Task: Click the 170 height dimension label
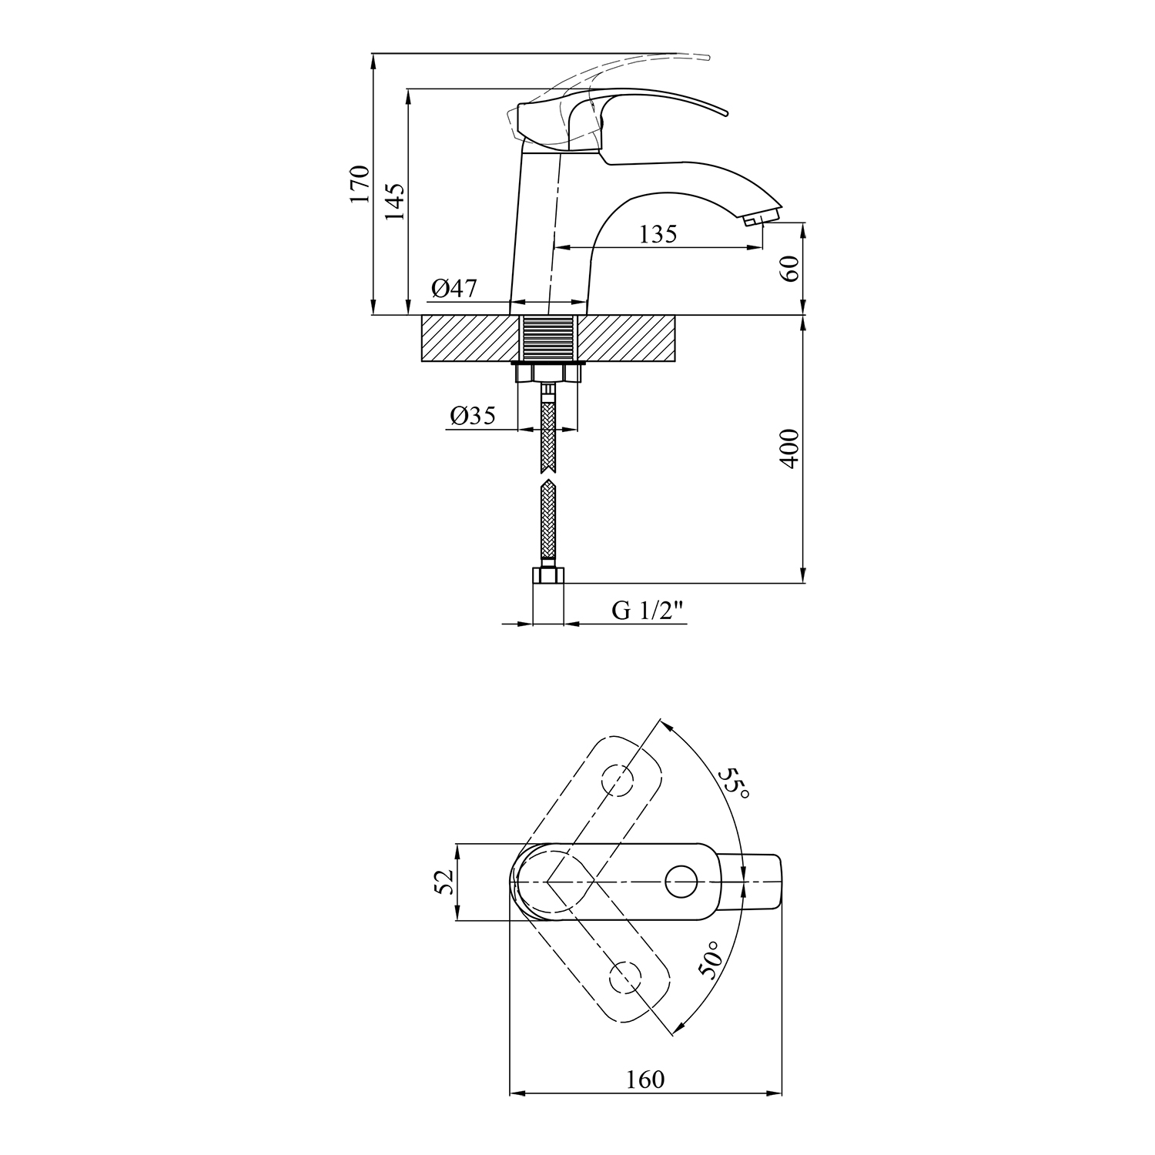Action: [360, 183]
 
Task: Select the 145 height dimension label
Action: [394, 202]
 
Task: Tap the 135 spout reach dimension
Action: [658, 233]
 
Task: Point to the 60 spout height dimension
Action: [790, 268]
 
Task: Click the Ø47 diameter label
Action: [454, 289]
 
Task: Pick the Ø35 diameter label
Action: [472, 416]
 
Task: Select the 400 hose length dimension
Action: [790, 449]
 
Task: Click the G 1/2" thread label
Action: [648, 611]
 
